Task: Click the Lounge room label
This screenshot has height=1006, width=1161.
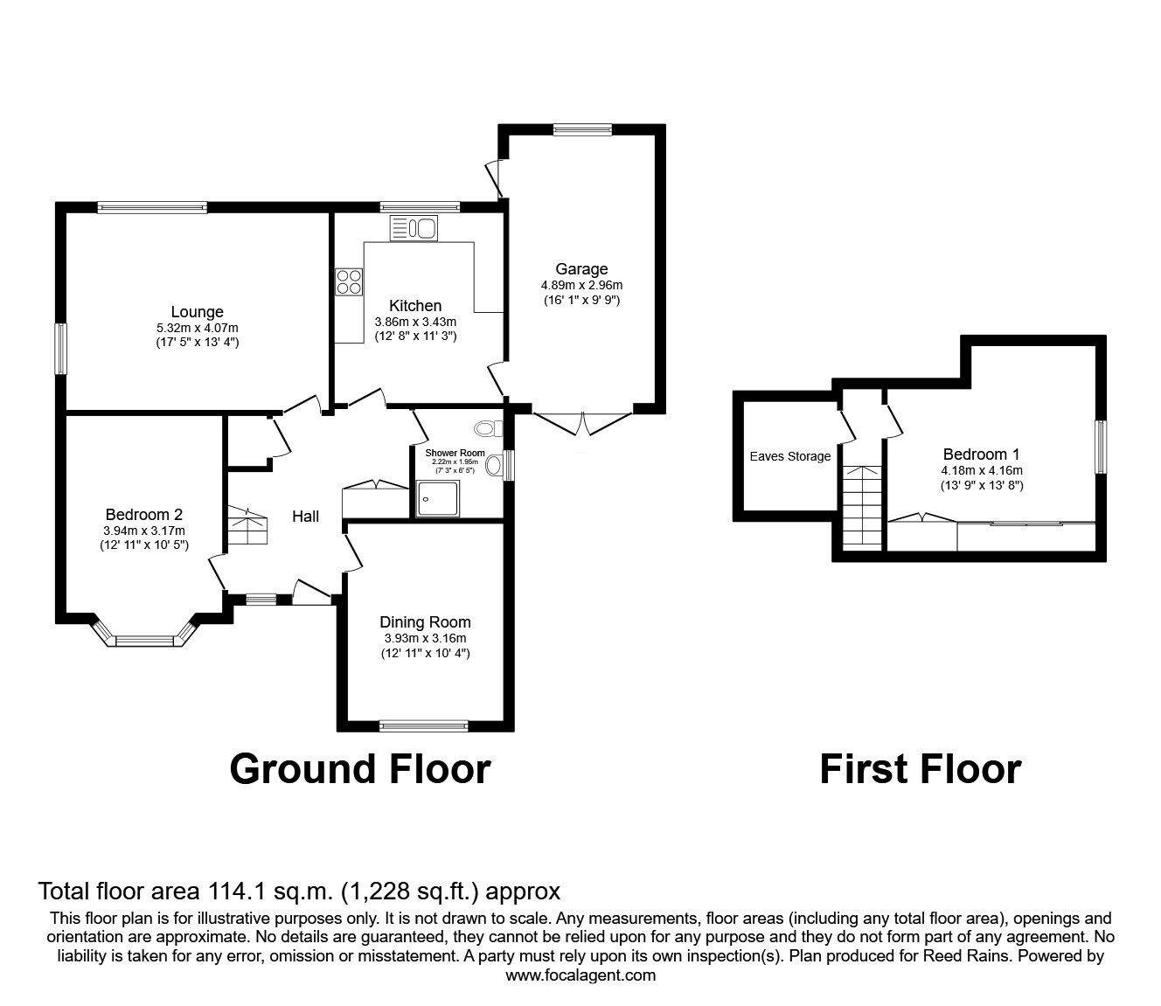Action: click(x=197, y=312)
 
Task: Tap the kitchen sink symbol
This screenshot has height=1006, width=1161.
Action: click(x=414, y=229)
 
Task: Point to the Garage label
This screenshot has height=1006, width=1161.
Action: click(x=581, y=269)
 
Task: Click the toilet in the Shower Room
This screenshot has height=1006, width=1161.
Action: click(x=488, y=428)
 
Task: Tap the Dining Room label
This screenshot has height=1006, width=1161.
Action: click(x=425, y=622)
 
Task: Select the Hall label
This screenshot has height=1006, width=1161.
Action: click(x=305, y=517)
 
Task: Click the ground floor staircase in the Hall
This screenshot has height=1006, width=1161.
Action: click(x=248, y=528)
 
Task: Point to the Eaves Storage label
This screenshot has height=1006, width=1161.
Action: click(x=790, y=456)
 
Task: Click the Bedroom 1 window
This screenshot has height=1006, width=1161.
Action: click(x=1102, y=447)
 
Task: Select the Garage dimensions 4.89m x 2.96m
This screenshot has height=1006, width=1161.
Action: click(x=581, y=285)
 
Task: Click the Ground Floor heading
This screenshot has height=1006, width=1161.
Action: click(x=360, y=769)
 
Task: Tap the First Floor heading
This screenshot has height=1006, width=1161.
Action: click(x=920, y=769)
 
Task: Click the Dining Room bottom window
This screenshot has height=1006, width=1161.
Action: click(x=424, y=725)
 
